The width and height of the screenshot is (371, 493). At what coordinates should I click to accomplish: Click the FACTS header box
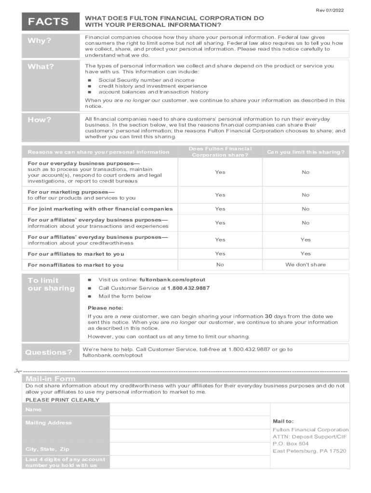48,22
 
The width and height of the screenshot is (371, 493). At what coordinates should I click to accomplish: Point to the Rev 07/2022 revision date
330,10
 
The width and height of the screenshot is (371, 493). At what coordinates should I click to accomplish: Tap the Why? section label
40,40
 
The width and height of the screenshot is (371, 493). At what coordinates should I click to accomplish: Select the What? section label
41,67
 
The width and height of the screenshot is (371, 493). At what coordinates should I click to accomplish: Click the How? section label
40,120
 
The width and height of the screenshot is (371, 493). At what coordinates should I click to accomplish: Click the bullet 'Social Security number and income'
146,80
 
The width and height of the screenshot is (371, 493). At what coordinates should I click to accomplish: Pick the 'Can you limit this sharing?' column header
305,152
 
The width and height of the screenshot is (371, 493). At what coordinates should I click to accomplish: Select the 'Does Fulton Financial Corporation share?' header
220,152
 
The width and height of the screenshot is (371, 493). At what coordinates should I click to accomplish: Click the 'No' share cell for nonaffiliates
220,264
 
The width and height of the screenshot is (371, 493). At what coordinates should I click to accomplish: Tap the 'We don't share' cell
305,264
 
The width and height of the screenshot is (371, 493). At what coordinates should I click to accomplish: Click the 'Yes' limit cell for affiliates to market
305,254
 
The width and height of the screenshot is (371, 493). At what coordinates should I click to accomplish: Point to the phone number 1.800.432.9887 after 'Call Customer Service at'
188,288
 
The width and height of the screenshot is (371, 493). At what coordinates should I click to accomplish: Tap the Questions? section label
48,352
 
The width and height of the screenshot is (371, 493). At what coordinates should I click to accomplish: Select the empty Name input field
189,409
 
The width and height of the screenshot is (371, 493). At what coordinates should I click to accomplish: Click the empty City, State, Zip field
189,449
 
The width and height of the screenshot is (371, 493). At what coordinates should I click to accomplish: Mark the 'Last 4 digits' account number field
189,462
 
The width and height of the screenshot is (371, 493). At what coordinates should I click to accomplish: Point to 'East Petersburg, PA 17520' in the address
309,451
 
